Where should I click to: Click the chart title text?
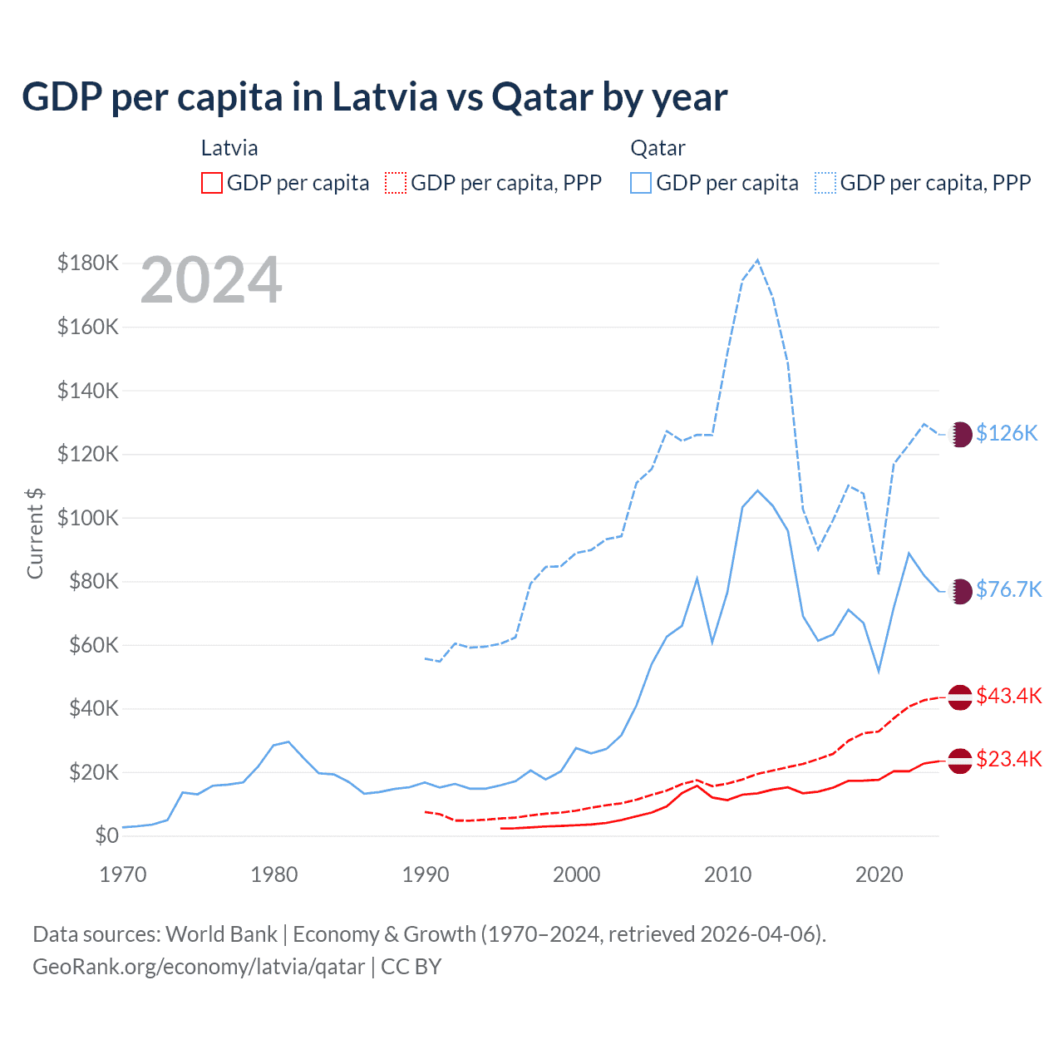[374, 97]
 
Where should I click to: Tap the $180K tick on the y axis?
[88, 264]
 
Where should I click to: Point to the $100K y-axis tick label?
[88, 518]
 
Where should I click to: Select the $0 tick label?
[106, 836]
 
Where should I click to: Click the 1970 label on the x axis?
[123, 874]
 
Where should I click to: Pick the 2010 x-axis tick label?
[728, 874]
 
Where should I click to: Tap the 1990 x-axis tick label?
[426, 874]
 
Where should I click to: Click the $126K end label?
[1007, 433]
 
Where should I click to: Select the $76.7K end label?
[1008, 589]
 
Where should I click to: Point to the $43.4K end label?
[1008, 696]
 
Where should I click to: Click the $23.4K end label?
[1008, 759]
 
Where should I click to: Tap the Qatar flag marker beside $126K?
[961, 434]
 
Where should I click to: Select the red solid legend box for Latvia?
[212, 183]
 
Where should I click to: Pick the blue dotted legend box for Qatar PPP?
[825, 183]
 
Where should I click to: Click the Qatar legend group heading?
[658, 148]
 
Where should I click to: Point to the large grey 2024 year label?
[211, 281]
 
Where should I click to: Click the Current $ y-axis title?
[35, 534]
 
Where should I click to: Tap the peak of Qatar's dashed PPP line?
[757, 260]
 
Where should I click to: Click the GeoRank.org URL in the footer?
[199, 967]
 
